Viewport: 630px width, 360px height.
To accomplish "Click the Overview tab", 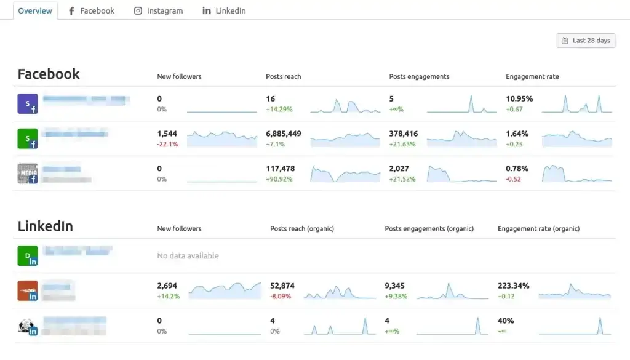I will click(x=35, y=10).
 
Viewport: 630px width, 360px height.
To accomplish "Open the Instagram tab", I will click(x=158, y=10).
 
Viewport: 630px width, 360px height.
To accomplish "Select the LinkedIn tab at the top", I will click(x=224, y=10).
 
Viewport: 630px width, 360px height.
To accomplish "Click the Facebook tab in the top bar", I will click(x=91, y=10).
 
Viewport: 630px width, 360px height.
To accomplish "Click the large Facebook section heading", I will click(x=49, y=74).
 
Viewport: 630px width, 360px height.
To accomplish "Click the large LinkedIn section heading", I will click(x=45, y=226).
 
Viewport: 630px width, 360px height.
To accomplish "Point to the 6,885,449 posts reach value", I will click(x=283, y=134).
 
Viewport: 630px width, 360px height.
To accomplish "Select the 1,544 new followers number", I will click(x=167, y=134).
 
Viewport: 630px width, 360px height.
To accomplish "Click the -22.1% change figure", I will click(x=167, y=144).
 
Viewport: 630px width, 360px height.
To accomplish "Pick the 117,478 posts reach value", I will click(x=280, y=169).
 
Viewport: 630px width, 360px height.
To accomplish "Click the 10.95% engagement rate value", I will click(x=519, y=98).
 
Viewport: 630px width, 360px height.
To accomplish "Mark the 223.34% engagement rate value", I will click(x=513, y=286).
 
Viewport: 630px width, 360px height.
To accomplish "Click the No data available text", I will click(x=188, y=256).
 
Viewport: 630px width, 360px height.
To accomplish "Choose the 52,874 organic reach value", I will click(x=282, y=286).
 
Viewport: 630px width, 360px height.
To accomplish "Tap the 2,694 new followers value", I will click(x=167, y=286).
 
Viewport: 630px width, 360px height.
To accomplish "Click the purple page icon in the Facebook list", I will click(x=28, y=103).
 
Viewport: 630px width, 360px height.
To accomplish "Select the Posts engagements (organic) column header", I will click(x=429, y=228).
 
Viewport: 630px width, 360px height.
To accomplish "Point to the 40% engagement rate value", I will click(x=506, y=321).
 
